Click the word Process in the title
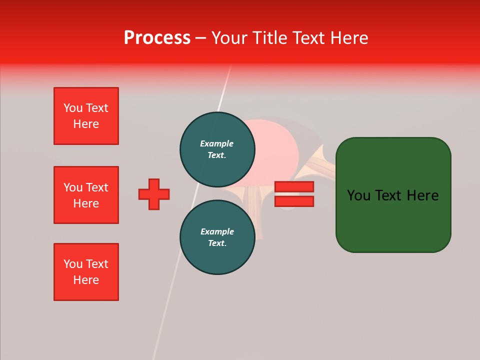click(x=157, y=37)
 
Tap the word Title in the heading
click(x=268, y=37)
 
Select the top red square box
click(x=86, y=116)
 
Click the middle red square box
click(x=86, y=195)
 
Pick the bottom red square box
click(x=86, y=272)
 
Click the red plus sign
click(x=154, y=194)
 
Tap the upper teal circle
click(x=217, y=149)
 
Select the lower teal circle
click(x=217, y=237)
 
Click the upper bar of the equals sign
click(x=294, y=187)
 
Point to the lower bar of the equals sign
click(x=294, y=201)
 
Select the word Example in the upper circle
click(x=216, y=143)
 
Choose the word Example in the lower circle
click(x=217, y=231)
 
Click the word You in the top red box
click(x=73, y=108)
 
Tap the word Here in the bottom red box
click(x=86, y=280)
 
